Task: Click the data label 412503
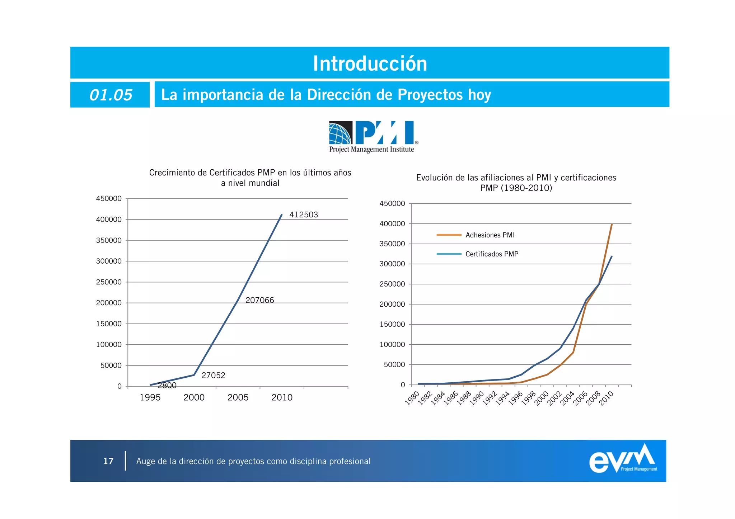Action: pos(304,215)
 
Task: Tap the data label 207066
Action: pos(259,300)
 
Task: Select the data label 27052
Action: pos(213,376)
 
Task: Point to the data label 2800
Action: pos(167,386)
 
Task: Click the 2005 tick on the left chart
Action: pos(238,397)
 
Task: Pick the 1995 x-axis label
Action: pos(150,397)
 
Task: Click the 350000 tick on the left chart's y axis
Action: pos(109,240)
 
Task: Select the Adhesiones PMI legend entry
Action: pos(490,235)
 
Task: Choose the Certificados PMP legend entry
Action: pos(492,254)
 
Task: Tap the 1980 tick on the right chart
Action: pos(412,398)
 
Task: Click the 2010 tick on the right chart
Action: pos(607,398)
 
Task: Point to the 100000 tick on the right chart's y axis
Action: pos(392,345)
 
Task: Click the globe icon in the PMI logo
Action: pos(340,133)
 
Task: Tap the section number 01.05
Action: pos(111,95)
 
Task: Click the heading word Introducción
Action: pos(370,63)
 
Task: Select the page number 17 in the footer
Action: pos(108,461)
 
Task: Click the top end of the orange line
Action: pos(612,224)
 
